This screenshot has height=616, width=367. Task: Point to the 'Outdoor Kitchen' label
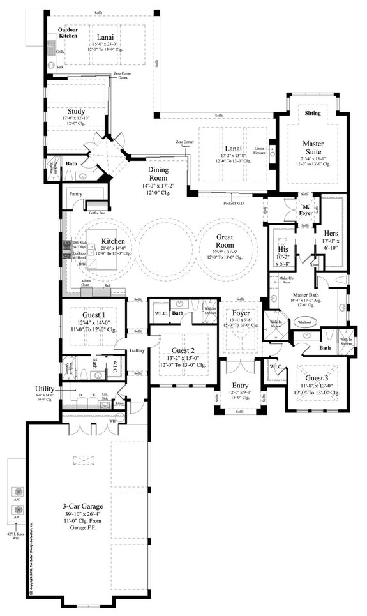point(68,33)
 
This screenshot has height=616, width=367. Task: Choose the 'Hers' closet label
point(331,234)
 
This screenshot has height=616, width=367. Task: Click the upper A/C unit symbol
point(18,492)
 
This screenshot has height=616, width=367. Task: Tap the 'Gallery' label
point(137,350)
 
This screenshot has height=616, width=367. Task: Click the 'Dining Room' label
point(158,174)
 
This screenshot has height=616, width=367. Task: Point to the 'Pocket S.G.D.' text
point(234,202)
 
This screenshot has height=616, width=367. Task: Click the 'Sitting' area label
point(313,113)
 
